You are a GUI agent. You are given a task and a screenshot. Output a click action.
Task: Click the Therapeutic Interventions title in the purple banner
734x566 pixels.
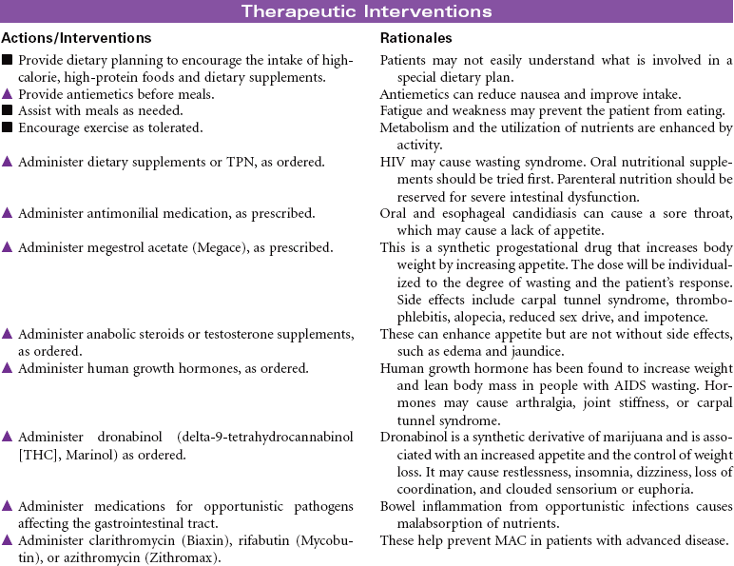[366, 11]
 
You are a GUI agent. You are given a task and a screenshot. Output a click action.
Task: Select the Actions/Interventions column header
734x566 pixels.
[76, 38]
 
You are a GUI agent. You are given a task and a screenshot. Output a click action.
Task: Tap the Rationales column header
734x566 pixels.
[415, 38]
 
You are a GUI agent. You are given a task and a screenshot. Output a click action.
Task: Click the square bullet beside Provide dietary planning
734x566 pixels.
[8, 60]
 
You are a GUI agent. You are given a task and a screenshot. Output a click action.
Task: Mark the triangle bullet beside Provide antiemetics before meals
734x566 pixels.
[8, 94]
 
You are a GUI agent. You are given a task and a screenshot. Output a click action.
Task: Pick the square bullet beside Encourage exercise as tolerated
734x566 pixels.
[8, 127]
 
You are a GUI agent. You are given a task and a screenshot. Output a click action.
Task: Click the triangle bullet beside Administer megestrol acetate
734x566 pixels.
[8, 247]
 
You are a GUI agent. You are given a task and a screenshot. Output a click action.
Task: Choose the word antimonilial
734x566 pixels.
[121, 214]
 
